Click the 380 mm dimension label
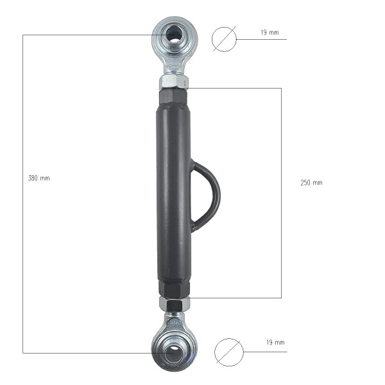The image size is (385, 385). point(38,178)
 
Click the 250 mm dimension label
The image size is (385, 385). point(311,182)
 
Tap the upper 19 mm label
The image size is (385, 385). point(269,32)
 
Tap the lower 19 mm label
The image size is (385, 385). point(275,342)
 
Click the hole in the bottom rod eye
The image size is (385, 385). point(173,350)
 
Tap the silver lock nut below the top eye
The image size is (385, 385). point(174,82)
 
